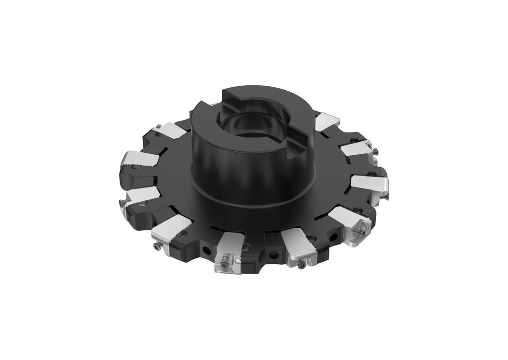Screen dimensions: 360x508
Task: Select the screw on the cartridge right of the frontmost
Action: (x=302, y=265)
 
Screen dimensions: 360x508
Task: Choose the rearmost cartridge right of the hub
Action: (x=326, y=121)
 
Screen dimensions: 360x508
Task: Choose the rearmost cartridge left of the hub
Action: (x=170, y=131)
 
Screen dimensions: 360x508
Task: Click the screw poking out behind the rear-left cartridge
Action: (x=157, y=126)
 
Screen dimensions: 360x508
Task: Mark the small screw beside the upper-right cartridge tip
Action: (x=376, y=151)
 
